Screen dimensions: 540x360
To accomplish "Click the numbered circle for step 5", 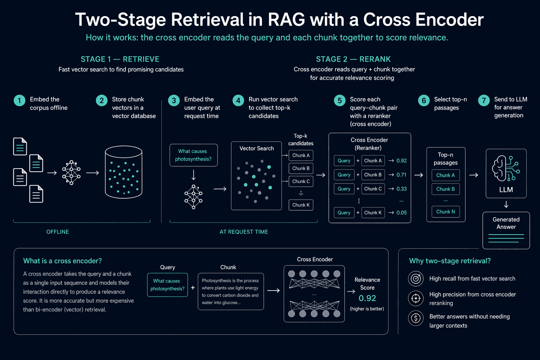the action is [x=340, y=101].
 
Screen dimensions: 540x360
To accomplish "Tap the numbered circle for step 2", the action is [x=102, y=101].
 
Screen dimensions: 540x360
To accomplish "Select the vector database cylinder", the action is [x=124, y=172].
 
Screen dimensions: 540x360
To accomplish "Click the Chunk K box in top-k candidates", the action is [x=301, y=205].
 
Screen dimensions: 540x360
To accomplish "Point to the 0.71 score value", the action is [x=401, y=175].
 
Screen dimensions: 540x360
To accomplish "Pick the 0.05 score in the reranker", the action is [x=401, y=213].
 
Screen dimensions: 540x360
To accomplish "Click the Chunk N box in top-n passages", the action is [x=445, y=212].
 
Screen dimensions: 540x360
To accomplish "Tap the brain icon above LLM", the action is [x=506, y=168].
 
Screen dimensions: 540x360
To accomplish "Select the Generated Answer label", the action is [x=506, y=223].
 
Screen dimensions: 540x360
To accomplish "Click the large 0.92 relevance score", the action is [x=367, y=298].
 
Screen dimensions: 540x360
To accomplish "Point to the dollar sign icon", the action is [x=416, y=318].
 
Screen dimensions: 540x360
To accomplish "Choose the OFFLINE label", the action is [x=58, y=232].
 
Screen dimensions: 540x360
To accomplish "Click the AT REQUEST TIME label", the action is [x=244, y=232].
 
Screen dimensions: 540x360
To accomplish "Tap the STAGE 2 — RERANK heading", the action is [x=353, y=59].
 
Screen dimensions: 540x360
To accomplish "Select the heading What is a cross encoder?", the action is [x=63, y=261].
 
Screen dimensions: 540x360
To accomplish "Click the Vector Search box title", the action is [x=257, y=148].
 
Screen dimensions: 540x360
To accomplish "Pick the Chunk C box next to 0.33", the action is [x=373, y=189].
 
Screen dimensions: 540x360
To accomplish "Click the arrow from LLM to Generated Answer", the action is [x=506, y=205].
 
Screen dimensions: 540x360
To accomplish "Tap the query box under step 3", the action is [x=194, y=155].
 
